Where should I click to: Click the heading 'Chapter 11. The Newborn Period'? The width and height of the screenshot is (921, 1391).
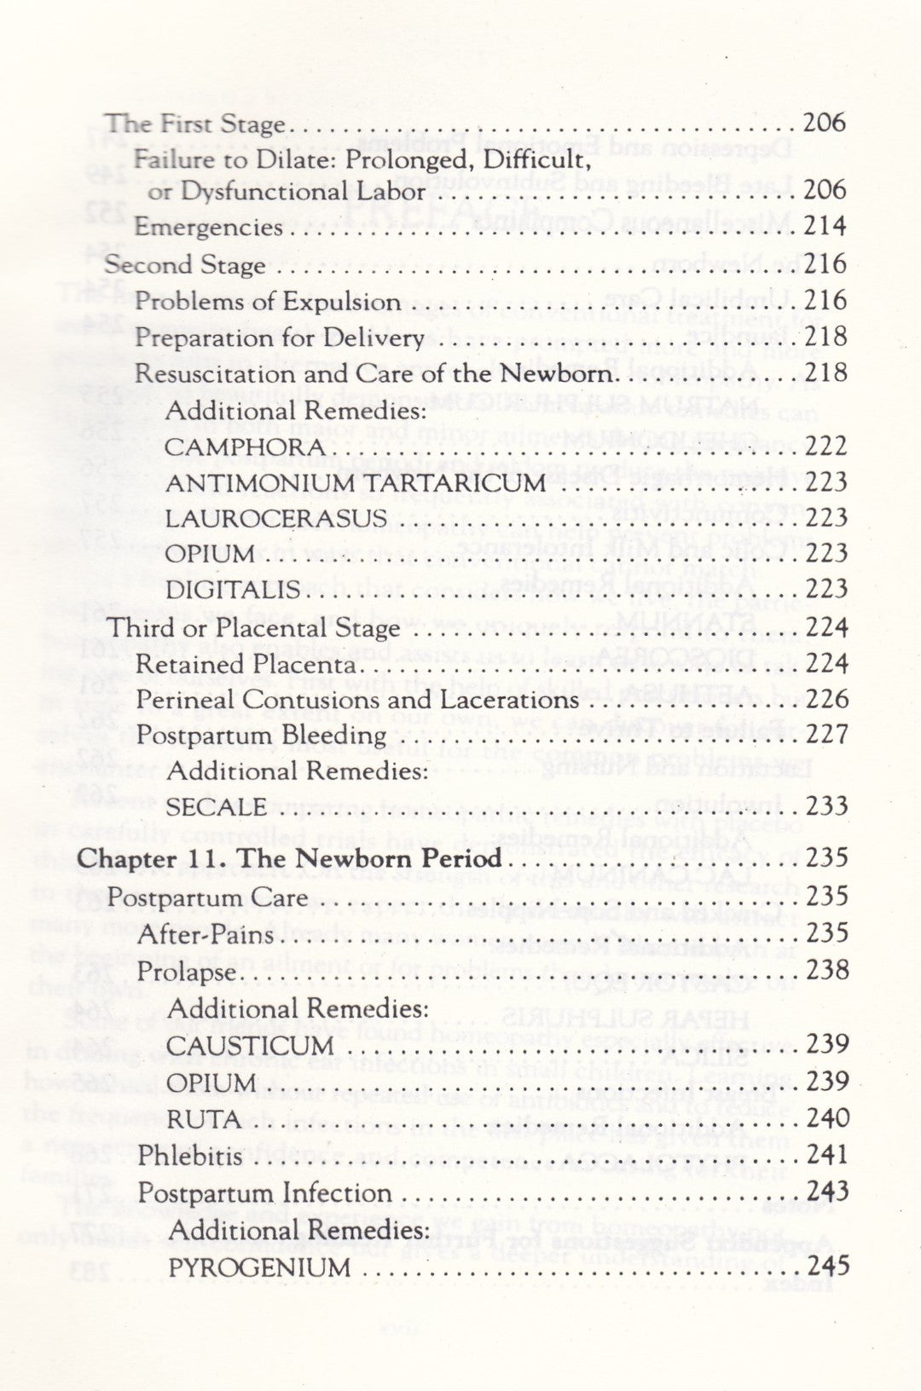tap(289, 857)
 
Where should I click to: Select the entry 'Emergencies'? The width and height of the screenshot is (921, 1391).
tap(208, 228)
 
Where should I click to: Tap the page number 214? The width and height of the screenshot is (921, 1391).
tap(825, 226)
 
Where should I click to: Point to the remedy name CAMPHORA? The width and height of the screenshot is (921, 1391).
tap(246, 447)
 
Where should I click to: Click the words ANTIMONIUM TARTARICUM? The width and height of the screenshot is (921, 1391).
tap(356, 482)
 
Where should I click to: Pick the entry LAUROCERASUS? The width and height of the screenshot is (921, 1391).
tap(277, 518)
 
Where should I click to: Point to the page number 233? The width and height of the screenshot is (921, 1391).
tap(825, 805)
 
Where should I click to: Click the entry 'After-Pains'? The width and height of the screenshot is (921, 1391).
tap(206, 934)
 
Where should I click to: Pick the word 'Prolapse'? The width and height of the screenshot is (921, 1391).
tap(186, 972)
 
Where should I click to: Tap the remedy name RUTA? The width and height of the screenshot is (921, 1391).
tap(203, 1118)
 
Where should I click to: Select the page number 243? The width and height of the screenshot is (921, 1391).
tap(826, 1190)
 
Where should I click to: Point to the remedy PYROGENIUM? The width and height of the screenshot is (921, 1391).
tap(259, 1267)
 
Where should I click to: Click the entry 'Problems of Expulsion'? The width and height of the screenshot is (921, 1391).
tap(268, 302)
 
